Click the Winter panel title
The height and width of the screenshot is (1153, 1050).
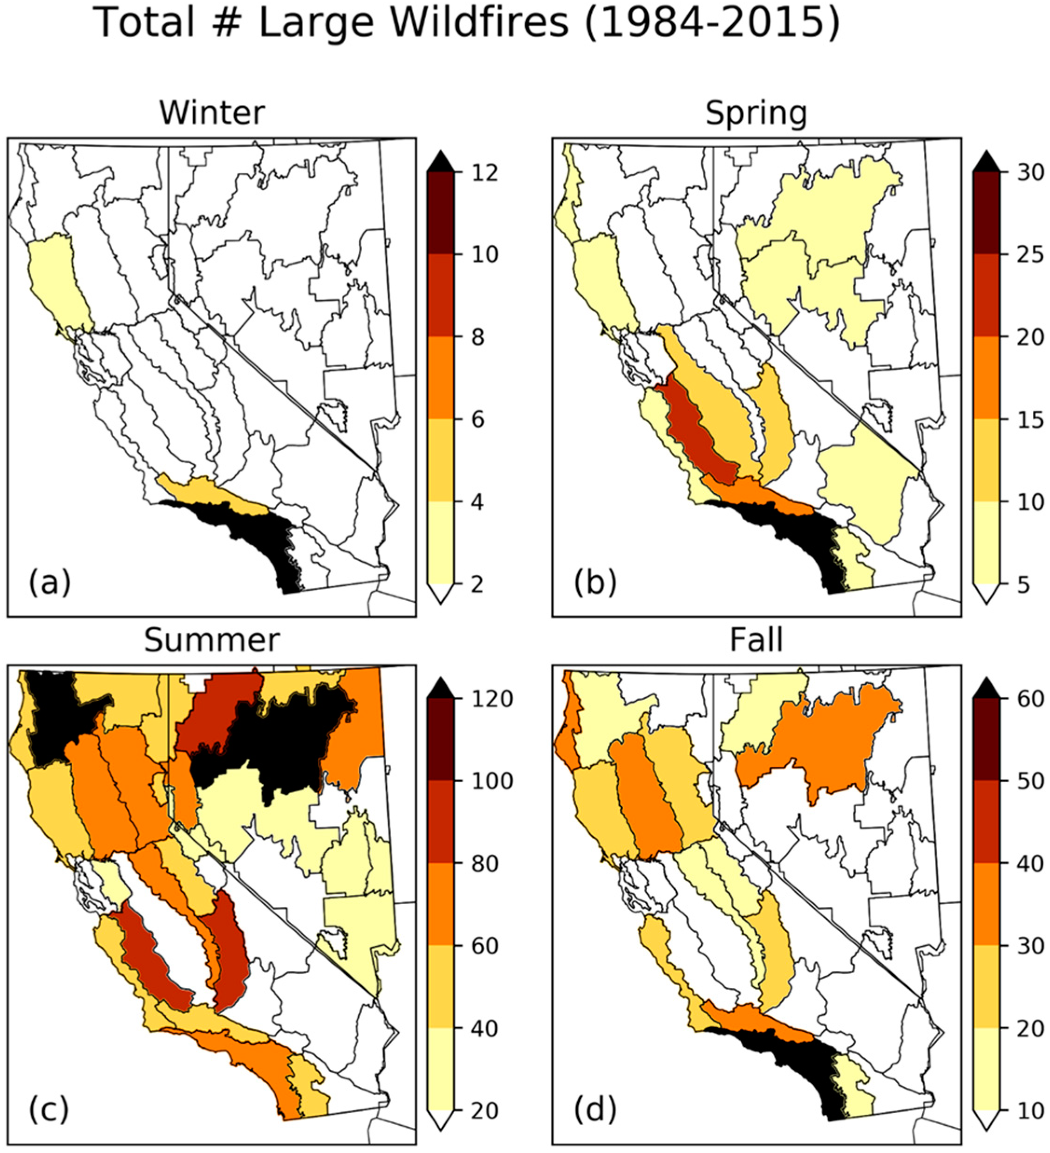212,113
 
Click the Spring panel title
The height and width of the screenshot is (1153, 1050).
756,113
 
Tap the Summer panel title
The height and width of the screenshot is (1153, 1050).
212,640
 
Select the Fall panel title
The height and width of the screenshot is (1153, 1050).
756,640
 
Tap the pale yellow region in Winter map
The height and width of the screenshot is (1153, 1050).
57,280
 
